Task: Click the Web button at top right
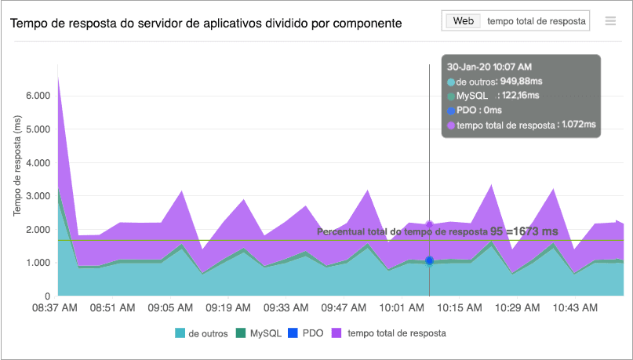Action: coord(463,21)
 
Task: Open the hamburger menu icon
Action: coord(610,21)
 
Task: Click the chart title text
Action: coord(206,24)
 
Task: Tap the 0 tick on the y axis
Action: coord(48,296)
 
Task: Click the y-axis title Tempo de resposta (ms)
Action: coord(17,165)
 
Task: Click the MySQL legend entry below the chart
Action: coord(259,333)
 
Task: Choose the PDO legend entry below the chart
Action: coord(307,333)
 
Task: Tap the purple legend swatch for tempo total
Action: coord(338,333)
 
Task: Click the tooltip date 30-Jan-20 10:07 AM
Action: coord(489,67)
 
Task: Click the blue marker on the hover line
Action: coord(429,260)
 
